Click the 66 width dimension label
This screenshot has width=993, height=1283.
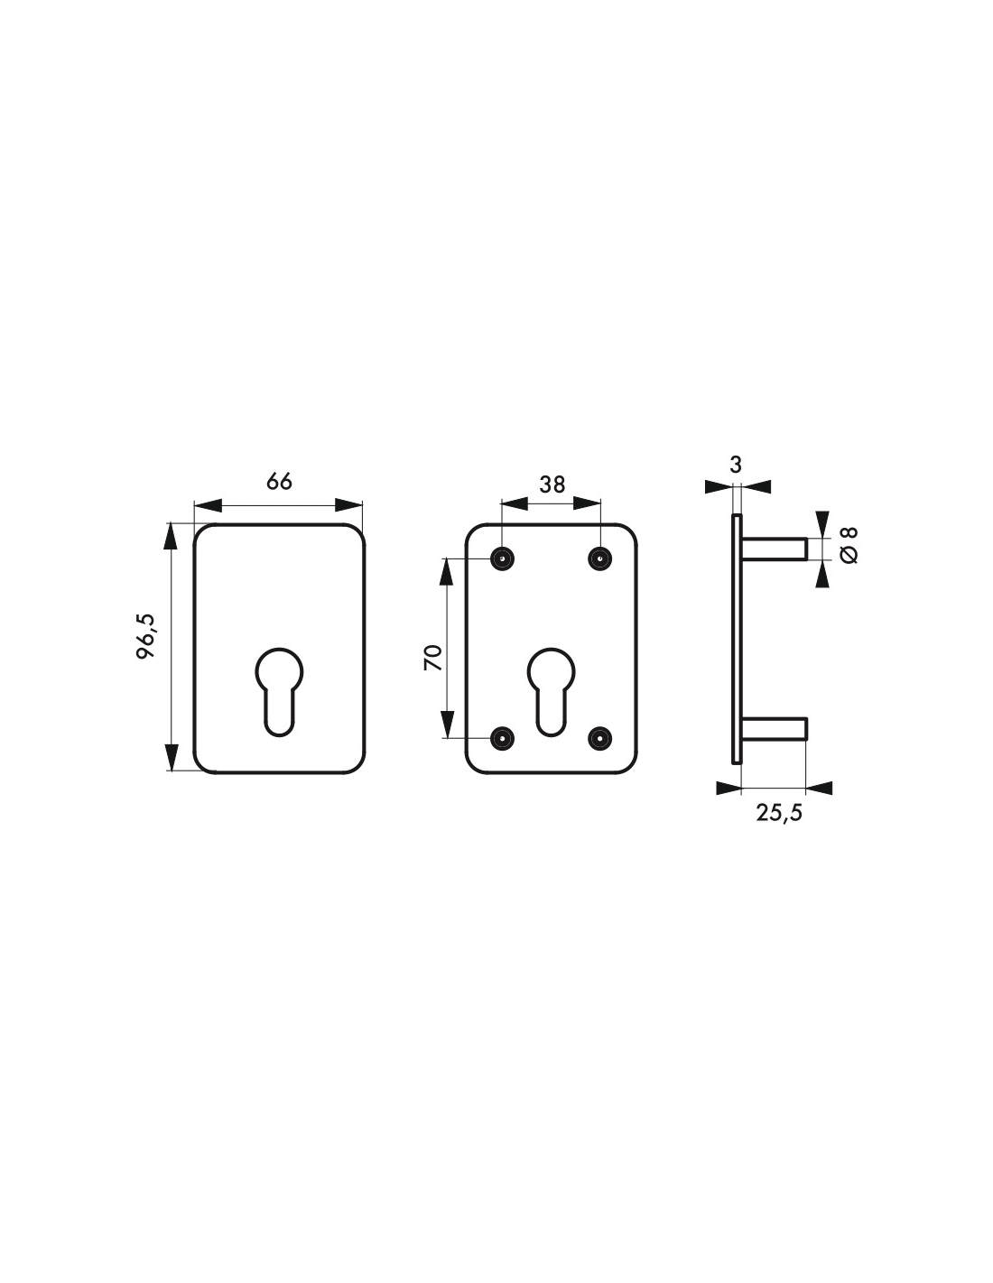point(279,482)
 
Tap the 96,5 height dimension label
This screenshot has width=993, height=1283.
point(145,636)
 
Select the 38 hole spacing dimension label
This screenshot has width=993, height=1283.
point(552,485)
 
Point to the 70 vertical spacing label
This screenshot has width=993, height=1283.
point(433,658)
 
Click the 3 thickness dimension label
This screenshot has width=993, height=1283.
point(736,466)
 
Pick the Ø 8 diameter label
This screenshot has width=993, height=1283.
point(849,545)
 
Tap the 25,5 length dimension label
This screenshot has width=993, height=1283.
point(779,813)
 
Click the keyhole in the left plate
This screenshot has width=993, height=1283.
point(279,692)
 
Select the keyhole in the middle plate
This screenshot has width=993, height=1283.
point(551,692)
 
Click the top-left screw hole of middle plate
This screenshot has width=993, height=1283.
point(502,558)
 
